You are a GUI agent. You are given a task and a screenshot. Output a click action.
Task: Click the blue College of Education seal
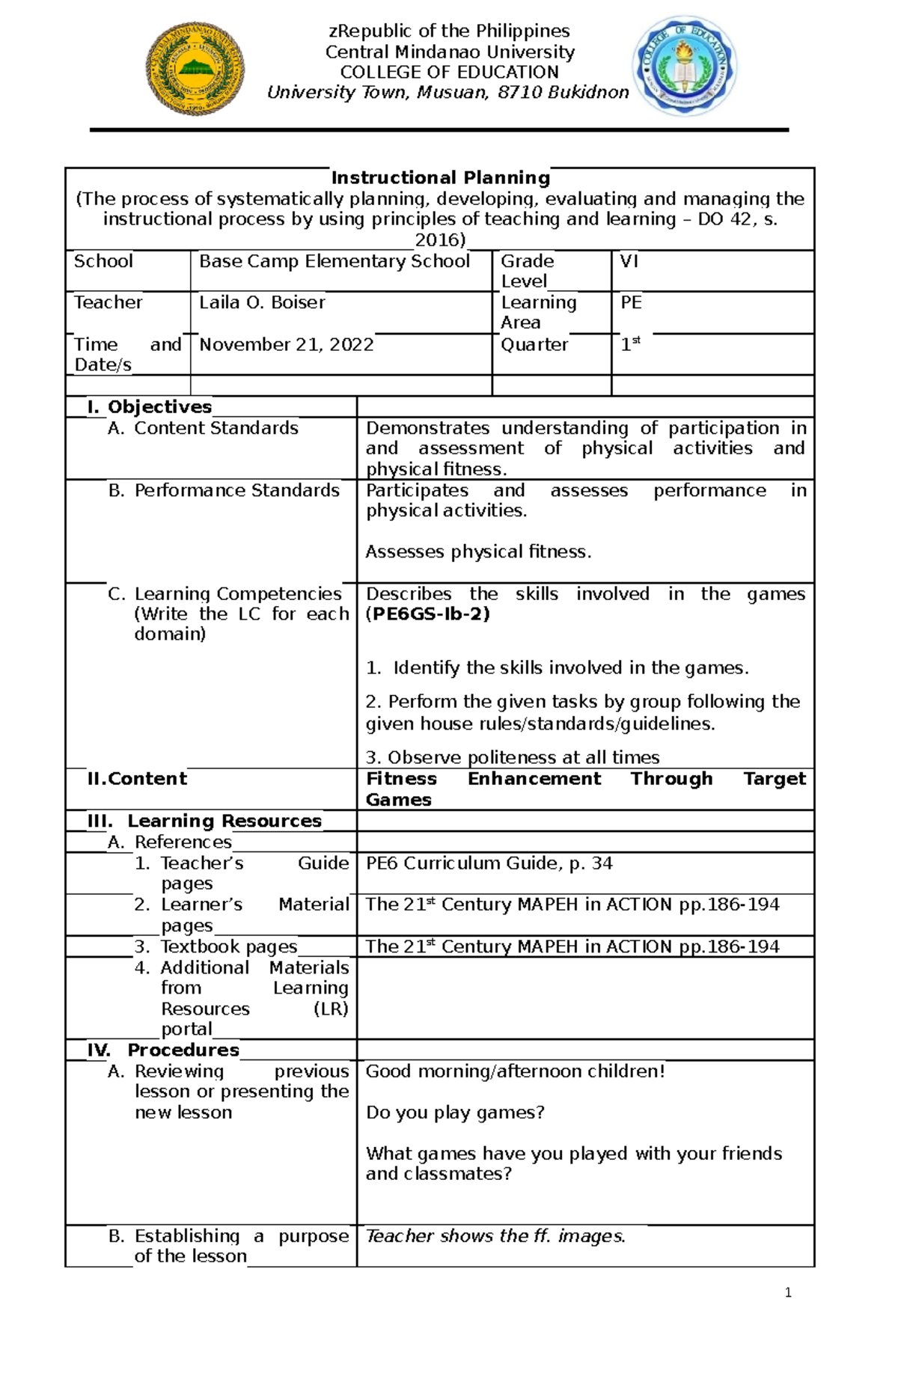(x=685, y=67)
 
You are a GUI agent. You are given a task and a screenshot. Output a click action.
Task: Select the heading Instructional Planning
(x=440, y=178)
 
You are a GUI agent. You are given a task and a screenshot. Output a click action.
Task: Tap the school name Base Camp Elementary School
(x=335, y=261)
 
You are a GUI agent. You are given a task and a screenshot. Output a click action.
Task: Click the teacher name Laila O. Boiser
(x=262, y=302)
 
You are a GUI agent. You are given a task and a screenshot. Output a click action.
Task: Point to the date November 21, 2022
(x=286, y=344)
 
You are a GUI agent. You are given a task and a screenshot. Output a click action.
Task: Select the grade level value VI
(x=629, y=261)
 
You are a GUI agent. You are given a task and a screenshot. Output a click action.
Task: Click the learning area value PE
(x=631, y=302)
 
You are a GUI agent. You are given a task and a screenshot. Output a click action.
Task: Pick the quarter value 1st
(x=630, y=344)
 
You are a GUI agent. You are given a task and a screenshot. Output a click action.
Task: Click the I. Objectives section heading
(x=150, y=407)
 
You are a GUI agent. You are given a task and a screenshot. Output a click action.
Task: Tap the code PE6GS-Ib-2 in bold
(x=427, y=614)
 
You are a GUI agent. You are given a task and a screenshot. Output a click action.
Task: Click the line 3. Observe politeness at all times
(x=513, y=757)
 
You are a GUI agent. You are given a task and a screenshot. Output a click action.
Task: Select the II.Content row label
(x=137, y=779)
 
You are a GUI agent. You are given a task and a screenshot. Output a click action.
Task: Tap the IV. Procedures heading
(x=163, y=1050)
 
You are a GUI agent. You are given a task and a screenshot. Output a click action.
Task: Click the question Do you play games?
(x=455, y=1113)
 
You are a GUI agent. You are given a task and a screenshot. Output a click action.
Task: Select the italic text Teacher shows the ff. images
(x=495, y=1236)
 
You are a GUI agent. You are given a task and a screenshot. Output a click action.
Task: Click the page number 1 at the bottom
(x=788, y=1292)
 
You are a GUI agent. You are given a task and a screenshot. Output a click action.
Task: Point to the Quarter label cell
(x=534, y=344)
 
